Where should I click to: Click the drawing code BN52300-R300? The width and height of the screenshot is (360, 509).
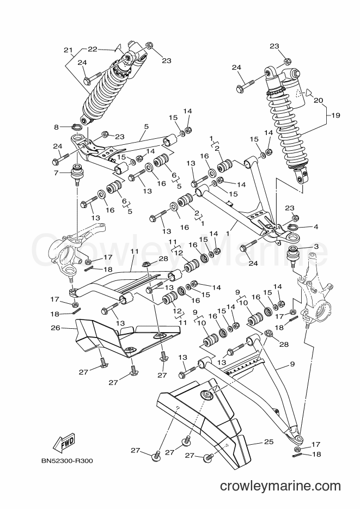[67, 461]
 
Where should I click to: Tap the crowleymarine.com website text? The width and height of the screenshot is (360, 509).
[280, 486]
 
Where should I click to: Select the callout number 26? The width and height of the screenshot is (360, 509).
[56, 328]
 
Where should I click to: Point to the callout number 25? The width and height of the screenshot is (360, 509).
[269, 441]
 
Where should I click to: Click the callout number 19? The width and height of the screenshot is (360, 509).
[335, 115]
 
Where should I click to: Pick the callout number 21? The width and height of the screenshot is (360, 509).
[68, 50]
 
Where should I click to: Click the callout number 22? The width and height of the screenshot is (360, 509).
[93, 49]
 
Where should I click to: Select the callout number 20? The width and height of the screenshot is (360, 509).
[319, 100]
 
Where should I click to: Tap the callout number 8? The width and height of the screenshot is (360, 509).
[57, 127]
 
